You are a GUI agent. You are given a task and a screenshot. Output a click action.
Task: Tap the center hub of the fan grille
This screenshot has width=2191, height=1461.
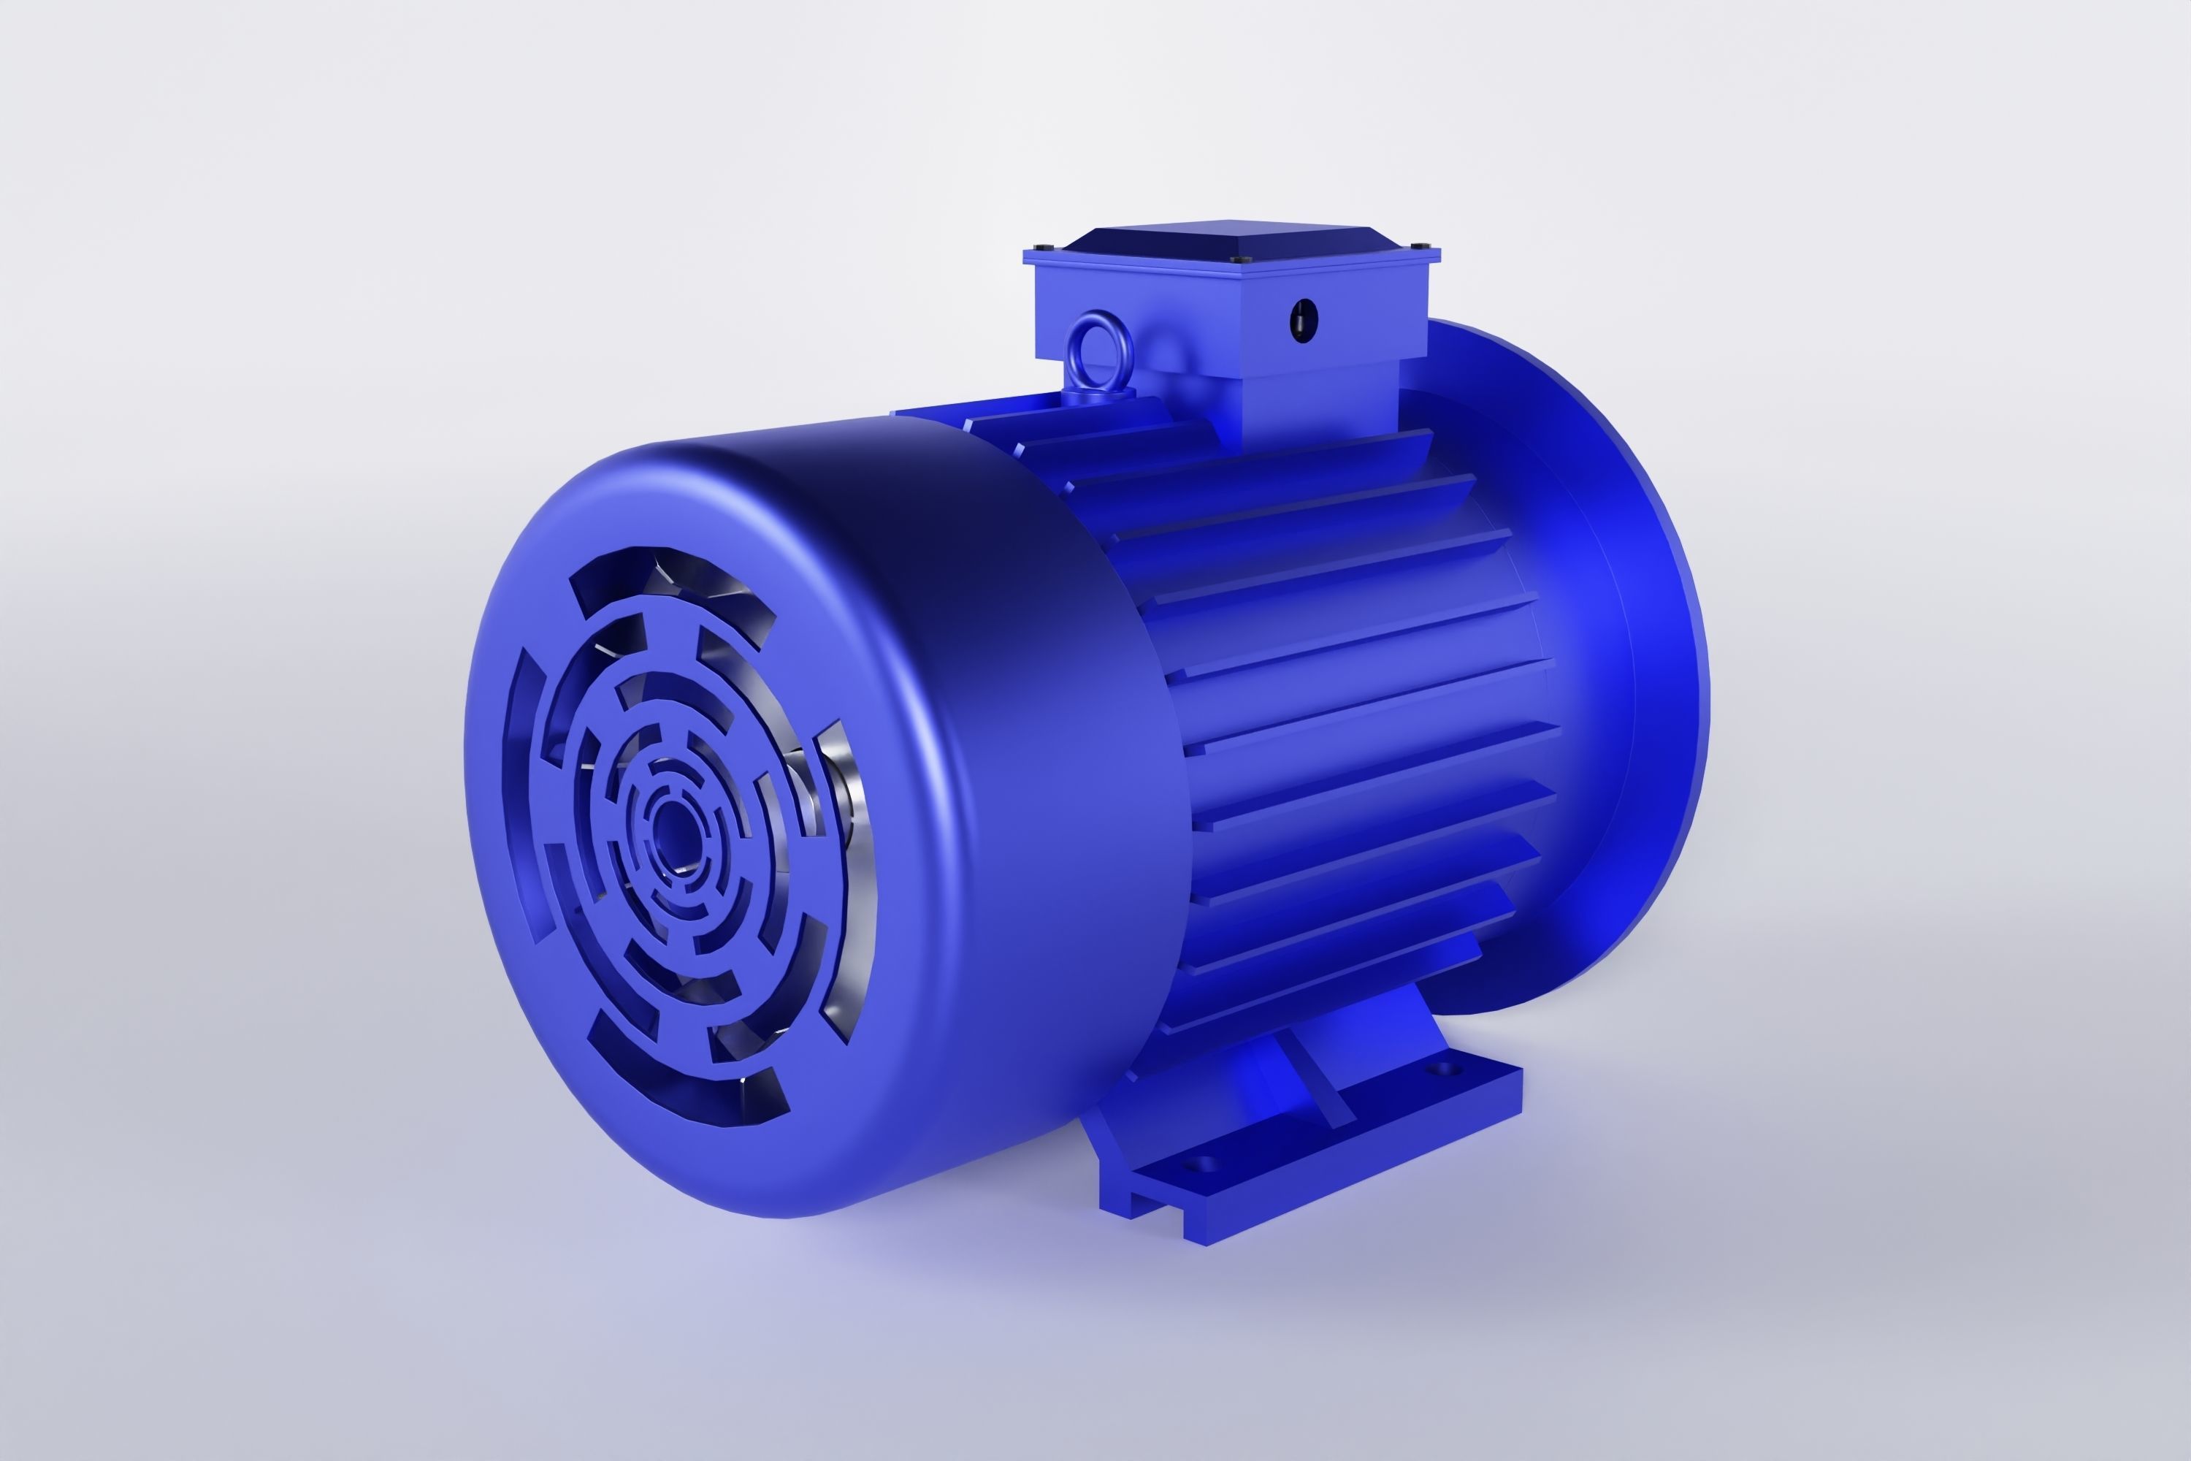pyautogui.click(x=669, y=824)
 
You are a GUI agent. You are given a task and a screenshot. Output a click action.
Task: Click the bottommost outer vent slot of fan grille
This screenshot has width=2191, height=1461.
pyautogui.click(x=689, y=1081)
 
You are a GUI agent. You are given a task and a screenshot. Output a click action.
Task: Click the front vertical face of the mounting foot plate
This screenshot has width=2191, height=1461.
pyautogui.click(x=1360, y=1164)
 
